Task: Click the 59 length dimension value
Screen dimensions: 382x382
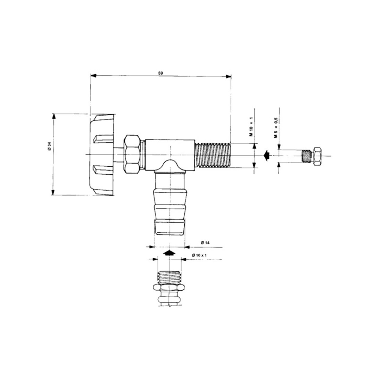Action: (160, 73)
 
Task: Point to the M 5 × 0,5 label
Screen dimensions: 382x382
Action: (276, 128)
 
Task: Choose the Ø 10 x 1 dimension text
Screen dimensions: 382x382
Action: (199, 255)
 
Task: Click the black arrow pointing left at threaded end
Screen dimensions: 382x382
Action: (266, 155)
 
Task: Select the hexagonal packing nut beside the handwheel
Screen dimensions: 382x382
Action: (133, 154)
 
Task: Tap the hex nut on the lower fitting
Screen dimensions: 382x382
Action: (169, 289)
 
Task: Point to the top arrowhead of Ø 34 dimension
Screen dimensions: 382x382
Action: (53, 115)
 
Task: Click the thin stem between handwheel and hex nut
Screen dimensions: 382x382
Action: (119, 155)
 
